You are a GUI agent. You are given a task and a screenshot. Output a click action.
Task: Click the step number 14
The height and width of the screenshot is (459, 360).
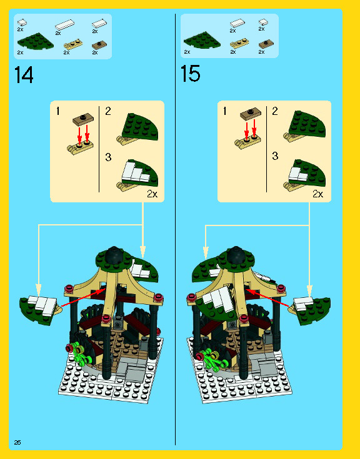(x=24, y=75)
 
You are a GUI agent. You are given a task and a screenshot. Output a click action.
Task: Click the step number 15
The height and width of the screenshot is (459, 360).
(x=191, y=74)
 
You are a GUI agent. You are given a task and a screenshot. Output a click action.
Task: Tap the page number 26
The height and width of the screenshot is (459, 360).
(x=17, y=442)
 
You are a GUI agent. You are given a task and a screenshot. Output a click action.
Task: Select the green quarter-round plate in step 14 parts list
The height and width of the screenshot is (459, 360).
(x=36, y=41)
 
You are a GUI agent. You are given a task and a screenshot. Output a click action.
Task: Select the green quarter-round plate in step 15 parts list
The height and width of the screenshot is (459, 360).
(x=202, y=41)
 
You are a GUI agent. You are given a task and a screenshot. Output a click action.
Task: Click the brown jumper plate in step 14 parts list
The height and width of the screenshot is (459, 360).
(x=99, y=45)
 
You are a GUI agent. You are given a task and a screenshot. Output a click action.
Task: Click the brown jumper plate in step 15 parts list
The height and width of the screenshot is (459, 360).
(x=266, y=44)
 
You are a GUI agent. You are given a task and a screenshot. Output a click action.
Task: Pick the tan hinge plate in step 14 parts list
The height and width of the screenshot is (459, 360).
(x=73, y=44)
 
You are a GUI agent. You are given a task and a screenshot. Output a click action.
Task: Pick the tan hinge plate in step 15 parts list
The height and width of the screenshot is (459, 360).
(x=239, y=44)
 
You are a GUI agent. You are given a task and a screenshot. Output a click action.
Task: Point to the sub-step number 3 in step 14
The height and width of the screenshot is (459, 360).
(x=108, y=157)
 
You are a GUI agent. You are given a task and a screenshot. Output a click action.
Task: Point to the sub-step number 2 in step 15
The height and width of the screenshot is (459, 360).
(x=275, y=111)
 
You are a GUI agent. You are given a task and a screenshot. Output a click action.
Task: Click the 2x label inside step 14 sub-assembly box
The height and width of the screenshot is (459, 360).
(x=152, y=194)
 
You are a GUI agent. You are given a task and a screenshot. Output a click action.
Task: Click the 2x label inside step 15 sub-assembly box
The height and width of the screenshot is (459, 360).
(x=318, y=194)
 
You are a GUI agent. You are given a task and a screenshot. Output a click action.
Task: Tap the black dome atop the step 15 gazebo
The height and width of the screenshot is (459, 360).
(x=236, y=254)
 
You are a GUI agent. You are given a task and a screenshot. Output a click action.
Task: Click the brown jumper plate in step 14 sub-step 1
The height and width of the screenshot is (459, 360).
(x=83, y=119)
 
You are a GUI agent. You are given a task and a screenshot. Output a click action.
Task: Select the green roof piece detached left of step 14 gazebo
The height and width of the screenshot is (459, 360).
(x=39, y=310)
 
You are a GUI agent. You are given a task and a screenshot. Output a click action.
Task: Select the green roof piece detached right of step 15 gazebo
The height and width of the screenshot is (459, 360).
(x=311, y=310)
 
